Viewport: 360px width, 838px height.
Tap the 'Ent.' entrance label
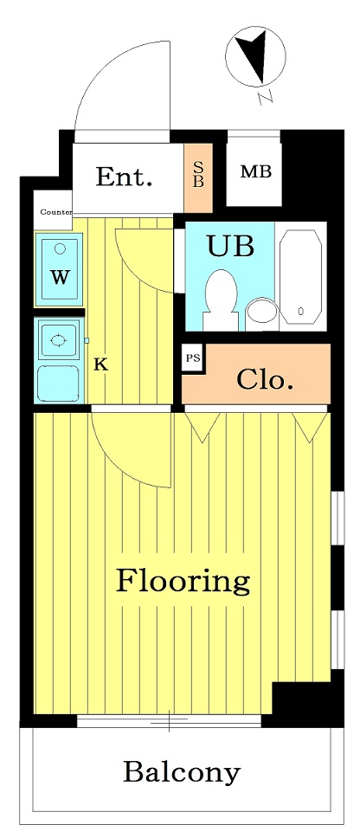pos(124,177)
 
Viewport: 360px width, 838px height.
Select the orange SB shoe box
pos(198,177)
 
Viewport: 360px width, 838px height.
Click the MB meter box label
pos(256,172)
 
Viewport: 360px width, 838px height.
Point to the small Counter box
pos(54,210)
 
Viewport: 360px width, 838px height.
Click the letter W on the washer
pos(61,277)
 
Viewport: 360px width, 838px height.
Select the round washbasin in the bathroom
pos(261,310)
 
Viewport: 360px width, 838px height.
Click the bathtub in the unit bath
pos(300,277)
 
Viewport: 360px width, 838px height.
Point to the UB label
pos(230,247)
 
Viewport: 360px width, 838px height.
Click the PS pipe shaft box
pos(192,358)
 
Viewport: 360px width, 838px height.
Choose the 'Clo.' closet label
pos(265,380)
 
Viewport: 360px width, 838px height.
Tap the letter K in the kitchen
pos(101,365)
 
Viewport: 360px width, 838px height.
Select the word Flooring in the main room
pos(183,581)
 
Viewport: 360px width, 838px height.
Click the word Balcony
pos(182,772)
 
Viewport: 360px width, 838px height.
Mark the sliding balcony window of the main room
pos(170,721)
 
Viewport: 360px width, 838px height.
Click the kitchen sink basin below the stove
pos(58,384)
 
